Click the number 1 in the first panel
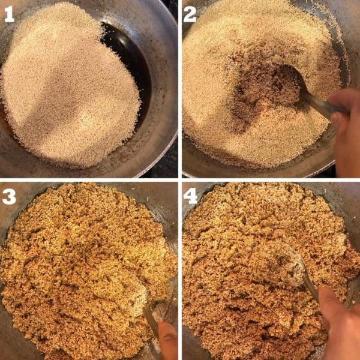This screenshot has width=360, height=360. click(10, 14)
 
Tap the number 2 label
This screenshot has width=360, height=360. click(190, 14)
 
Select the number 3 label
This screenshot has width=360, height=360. click(10, 196)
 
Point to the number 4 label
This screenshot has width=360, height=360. click(191, 196)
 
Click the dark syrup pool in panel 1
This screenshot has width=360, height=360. click(129, 60)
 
